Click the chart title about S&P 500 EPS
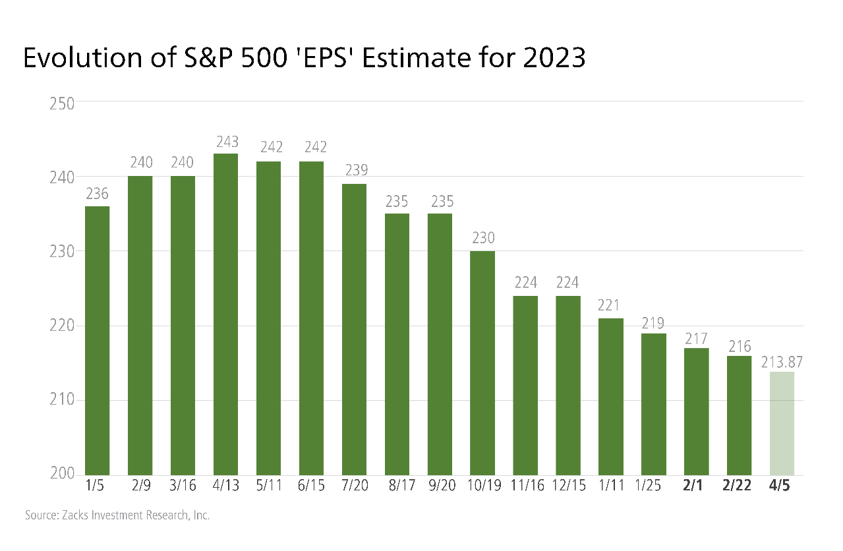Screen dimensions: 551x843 304,58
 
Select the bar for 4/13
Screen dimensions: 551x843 225,314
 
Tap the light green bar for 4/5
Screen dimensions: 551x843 782,423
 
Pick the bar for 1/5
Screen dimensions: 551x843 97,340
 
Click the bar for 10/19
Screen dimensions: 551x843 482,362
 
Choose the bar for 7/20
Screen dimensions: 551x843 354,329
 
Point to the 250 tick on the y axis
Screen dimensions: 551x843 62,103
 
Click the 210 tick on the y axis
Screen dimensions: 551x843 62,400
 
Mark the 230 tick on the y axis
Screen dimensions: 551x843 62,251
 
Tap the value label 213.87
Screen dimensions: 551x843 782,362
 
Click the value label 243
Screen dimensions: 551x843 225,142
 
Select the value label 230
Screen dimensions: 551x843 482,239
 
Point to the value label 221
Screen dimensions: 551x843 611,306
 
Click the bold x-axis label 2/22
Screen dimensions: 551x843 739,487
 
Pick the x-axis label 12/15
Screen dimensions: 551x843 568,487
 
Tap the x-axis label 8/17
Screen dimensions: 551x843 397,487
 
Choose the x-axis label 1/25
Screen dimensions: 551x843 653,487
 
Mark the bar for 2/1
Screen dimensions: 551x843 696,411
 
